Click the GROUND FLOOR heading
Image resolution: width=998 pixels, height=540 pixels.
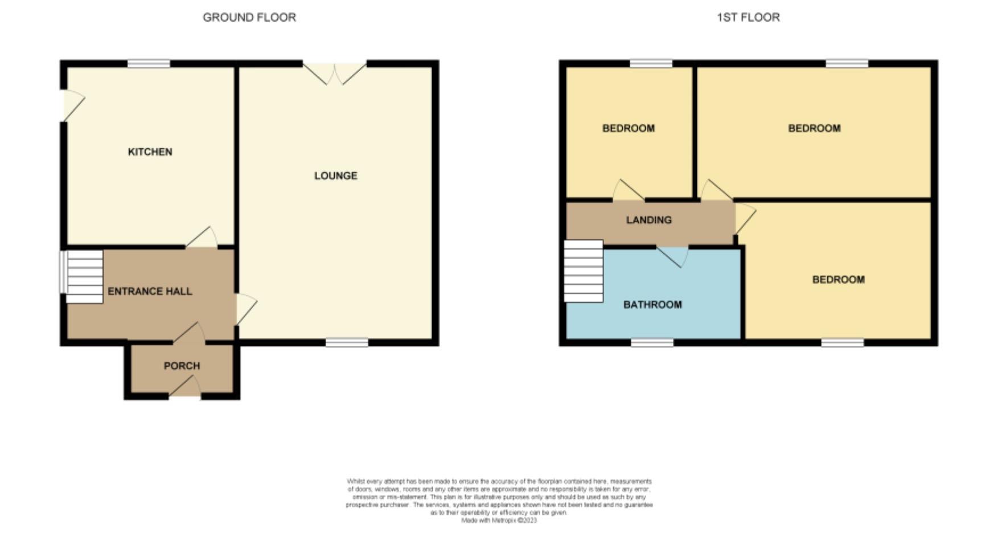tap(249, 18)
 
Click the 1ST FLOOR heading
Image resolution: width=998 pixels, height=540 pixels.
tap(748, 18)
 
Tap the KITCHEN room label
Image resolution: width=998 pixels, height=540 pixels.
tap(150, 152)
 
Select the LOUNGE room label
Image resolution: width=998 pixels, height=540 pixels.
tap(335, 175)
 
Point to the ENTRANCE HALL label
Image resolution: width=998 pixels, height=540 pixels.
tap(150, 291)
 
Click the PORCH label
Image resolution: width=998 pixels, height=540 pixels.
tap(182, 366)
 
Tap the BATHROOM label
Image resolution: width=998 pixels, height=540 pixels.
tap(652, 305)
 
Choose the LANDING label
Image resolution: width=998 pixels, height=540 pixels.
tap(648, 220)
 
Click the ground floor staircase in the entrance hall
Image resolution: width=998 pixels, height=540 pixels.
tap(83, 277)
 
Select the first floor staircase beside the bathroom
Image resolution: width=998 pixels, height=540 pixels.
tap(584, 271)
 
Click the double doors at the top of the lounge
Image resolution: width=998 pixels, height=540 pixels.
tap(335, 73)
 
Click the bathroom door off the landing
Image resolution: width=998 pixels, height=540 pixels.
tap(673, 256)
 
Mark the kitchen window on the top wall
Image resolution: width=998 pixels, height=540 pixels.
tap(149, 64)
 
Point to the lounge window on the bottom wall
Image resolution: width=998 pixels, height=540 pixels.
tap(347, 342)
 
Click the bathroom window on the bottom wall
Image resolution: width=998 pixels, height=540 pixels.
tap(652, 342)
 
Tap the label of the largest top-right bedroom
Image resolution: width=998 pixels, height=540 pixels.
tap(814, 129)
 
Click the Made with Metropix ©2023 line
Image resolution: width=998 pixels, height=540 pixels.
tap(499, 520)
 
